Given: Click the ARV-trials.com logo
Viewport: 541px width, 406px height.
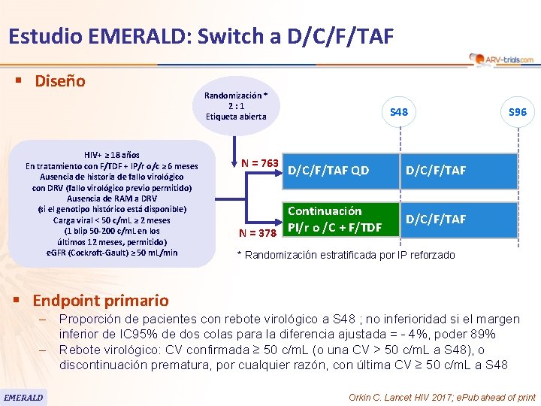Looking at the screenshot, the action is [501, 59].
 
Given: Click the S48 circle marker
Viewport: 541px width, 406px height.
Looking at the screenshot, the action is [399, 112].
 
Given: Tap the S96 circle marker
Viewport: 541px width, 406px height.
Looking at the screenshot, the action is [517, 112].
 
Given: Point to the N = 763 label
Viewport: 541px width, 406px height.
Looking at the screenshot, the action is [260, 163].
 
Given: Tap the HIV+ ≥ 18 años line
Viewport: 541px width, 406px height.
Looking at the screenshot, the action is [112, 155].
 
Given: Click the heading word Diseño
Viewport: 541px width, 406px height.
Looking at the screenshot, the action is [60, 80].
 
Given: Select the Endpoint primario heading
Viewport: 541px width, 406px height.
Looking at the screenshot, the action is [101, 301].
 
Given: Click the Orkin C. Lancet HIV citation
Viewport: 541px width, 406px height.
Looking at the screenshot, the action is [443, 396].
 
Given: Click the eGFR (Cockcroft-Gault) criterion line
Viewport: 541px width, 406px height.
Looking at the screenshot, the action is [112, 252].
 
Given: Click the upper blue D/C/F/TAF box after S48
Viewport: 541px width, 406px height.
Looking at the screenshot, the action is [436, 170].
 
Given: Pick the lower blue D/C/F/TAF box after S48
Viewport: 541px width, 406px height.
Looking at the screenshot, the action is [436, 219].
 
